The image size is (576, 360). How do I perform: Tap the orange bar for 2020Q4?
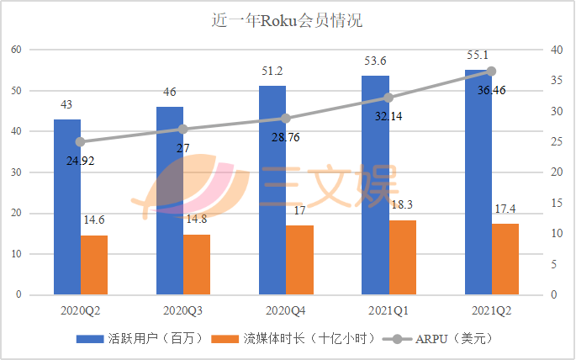[x=299, y=260]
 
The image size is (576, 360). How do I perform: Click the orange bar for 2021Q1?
[x=402, y=257]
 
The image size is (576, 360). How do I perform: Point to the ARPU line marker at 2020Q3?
[x=182, y=130]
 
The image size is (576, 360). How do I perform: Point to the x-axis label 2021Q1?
[x=388, y=310]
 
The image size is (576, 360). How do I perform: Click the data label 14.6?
[x=94, y=220]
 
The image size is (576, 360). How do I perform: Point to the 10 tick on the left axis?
[x=16, y=254]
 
